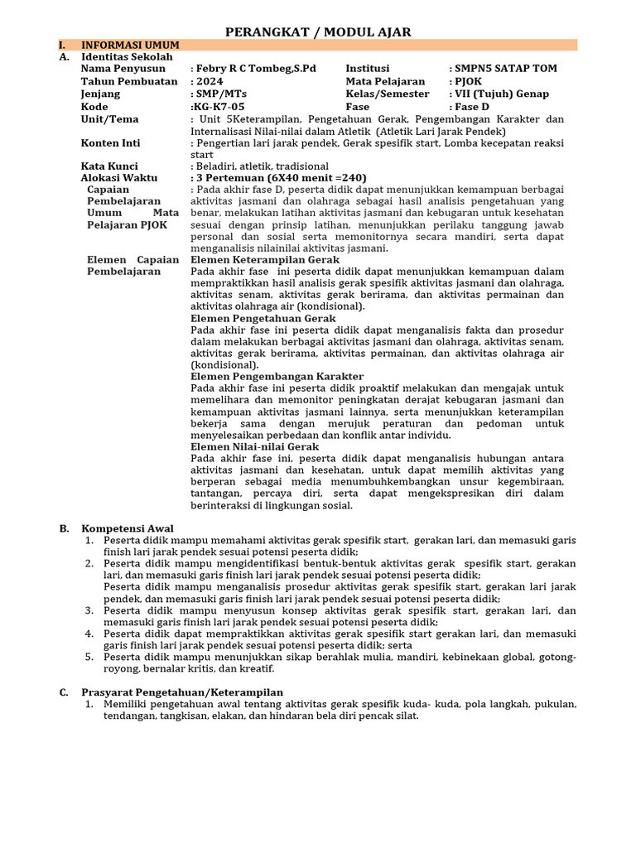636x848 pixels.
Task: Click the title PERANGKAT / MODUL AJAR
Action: click(x=319, y=32)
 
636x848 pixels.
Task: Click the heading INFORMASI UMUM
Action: click(x=130, y=45)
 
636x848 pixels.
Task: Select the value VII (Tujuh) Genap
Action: click(x=502, y=94)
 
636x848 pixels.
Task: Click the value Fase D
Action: click(x=472, y=107)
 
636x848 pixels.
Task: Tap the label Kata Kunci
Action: click(x=109, y=166)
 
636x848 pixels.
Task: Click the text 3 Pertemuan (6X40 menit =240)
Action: click(x=280, y=178)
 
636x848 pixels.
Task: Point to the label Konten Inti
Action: click(x=110, y=143)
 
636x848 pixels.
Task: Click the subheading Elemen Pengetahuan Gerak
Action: click(x=263, y=318)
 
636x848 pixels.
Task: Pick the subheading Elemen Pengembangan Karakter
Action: click(x=271, y=376)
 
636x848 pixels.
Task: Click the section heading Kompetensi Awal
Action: click(x=127, y=528)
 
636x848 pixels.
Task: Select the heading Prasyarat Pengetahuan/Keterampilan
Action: click(x=181, y=692)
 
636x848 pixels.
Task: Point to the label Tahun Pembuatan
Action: click(x=129, y=81)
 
